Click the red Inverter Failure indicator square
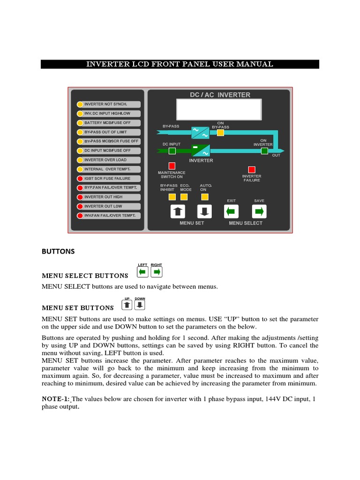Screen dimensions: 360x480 (x=252, y=170)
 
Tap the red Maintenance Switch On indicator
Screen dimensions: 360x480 (x=172, y=165)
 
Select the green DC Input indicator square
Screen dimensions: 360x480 (x=172, y=150)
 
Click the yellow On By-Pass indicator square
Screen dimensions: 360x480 (x=220, y=133)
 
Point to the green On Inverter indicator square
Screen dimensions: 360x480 (x=264, y=150)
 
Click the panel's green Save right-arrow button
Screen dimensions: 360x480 (x=259, y=211)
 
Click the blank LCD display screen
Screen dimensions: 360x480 (x=219, y=110)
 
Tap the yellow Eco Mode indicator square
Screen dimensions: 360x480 (x=186, y=196)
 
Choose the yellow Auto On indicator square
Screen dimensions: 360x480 (x=204, y=196)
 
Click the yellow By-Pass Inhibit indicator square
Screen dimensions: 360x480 (x=166, y=196)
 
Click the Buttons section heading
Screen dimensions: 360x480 (x=58, y=251)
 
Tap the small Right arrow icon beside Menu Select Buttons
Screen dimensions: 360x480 (x=157, y=272)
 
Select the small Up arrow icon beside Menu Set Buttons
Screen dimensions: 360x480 (x=127, y=306)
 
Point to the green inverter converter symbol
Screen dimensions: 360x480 (x=201, y=150)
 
